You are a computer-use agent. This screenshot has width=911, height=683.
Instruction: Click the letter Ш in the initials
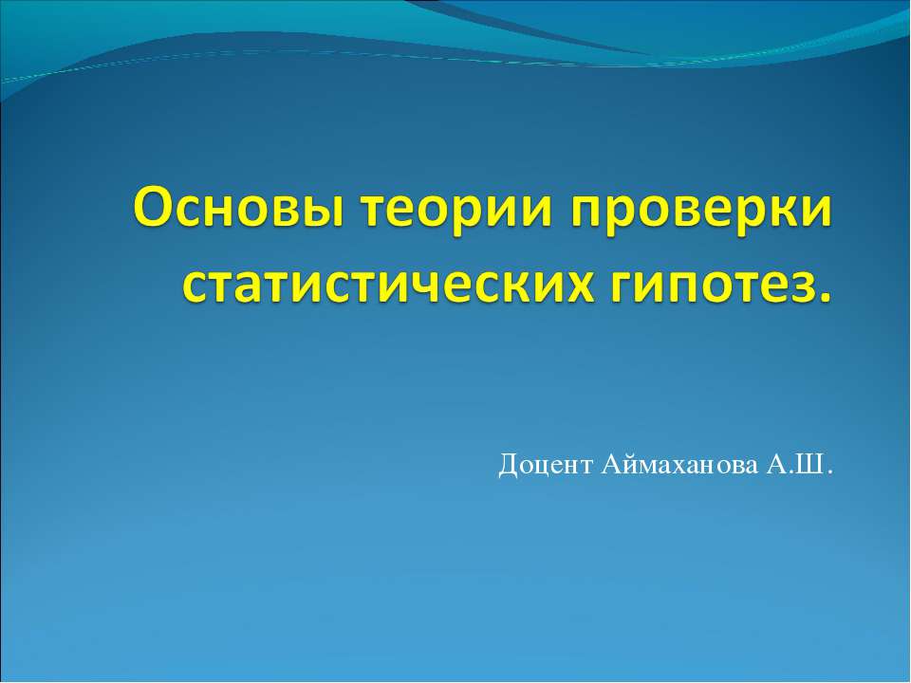click(812, 466)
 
